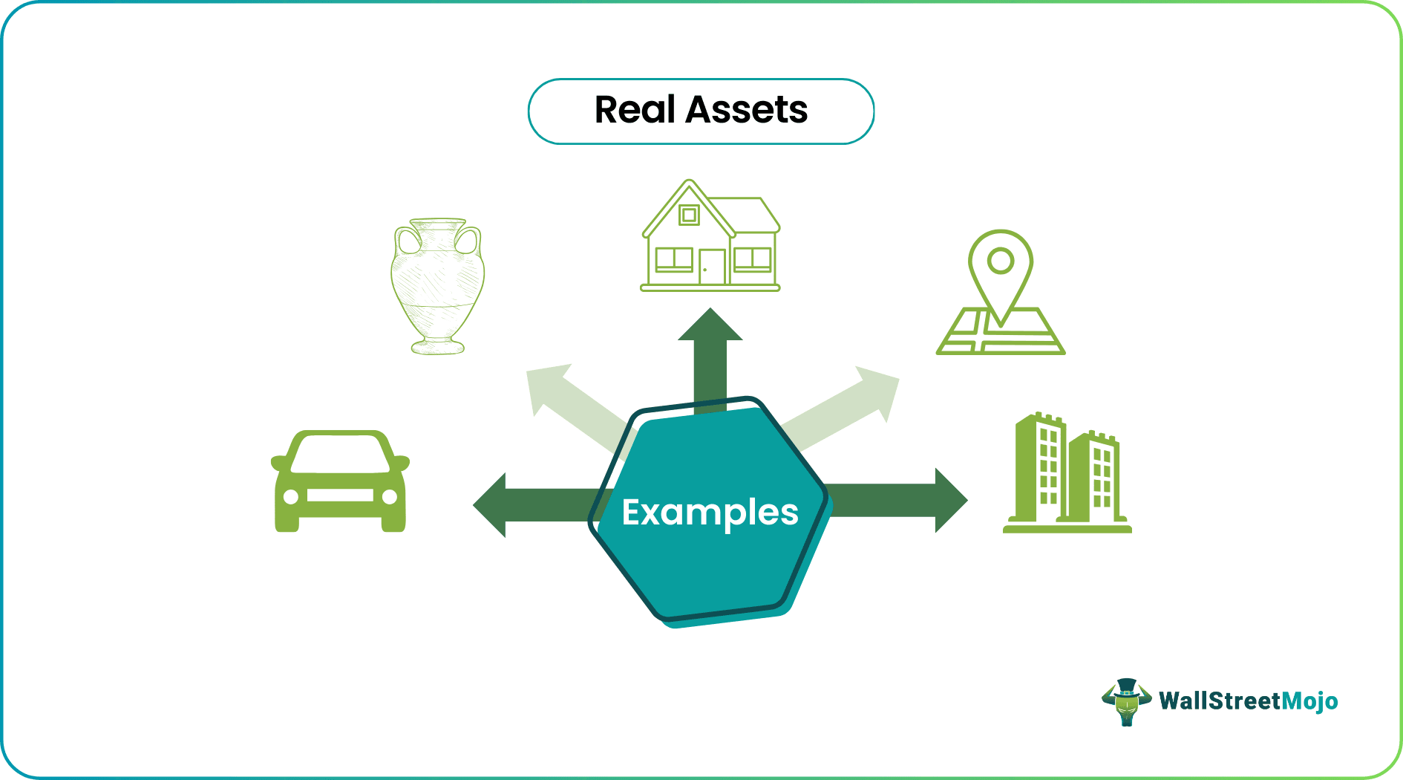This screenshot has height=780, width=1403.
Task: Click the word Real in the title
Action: point(635,110)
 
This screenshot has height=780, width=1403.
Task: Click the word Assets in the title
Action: point(747,110)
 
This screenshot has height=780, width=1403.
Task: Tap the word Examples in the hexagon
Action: point(710,513)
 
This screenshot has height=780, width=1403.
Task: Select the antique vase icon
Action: point(438,286)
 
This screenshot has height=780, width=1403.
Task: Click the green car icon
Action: point(341,481)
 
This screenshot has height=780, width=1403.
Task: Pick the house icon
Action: point(710,235)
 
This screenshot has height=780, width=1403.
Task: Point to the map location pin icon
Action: point(1001,292)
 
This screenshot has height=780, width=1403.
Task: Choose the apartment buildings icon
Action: point(1067,472)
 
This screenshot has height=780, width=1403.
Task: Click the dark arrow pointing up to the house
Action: point(710,361)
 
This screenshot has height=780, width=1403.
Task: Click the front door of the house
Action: point(712,267)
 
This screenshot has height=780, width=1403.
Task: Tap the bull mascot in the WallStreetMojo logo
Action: point(1126,701)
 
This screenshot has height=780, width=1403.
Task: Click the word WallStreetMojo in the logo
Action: point(1249,701)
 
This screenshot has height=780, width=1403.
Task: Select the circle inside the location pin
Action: point(1001,261)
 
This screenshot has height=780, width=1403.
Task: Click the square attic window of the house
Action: point(690,215)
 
